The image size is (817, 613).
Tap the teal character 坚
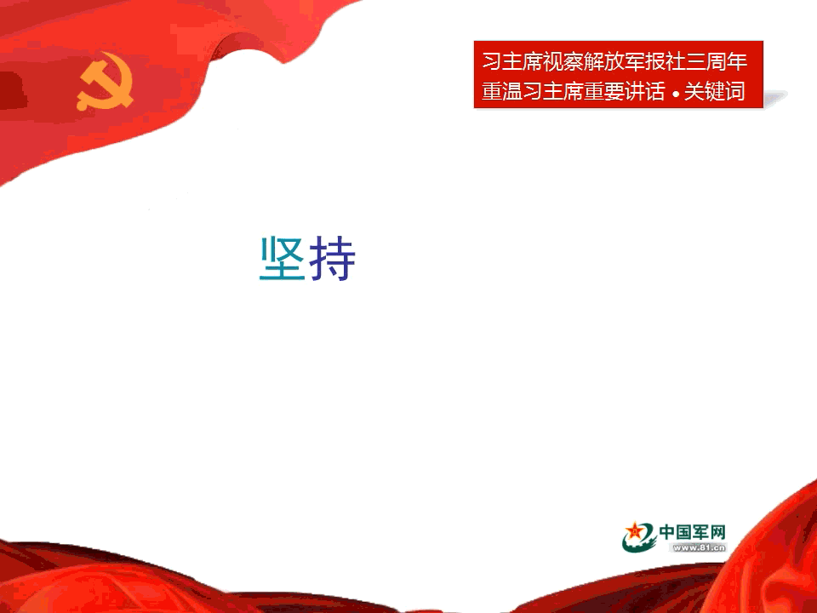282,259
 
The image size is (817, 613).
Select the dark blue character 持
333,259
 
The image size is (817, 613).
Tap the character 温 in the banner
512,91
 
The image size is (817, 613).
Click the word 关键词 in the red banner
714,91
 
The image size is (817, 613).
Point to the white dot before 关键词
675,95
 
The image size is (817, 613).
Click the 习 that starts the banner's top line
491,62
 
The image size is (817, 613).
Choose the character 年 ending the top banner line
737,62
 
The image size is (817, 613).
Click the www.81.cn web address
699,547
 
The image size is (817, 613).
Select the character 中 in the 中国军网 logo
667,532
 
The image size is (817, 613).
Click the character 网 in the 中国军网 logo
717,532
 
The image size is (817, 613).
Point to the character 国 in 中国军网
684,532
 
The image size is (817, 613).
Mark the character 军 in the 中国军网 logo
700,532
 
